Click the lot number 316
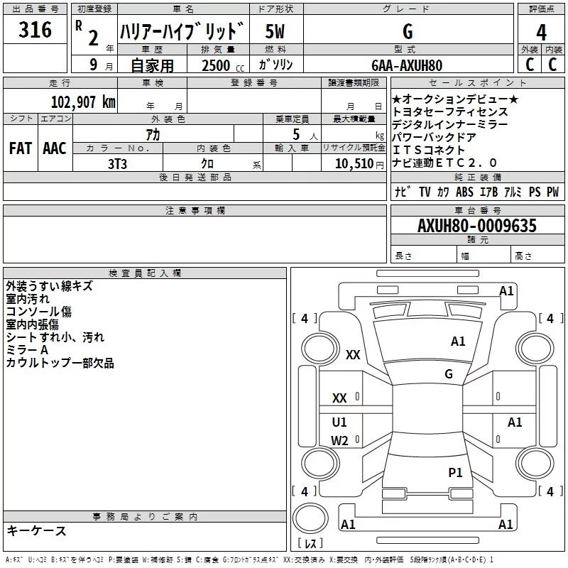pos(35,31)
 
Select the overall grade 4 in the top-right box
pos(542,32)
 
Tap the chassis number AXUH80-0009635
pos(477,226)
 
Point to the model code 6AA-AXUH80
pos(407,65)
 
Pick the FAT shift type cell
pos(20,148)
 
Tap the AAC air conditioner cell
pos(54,148)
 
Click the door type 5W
pos(276,31)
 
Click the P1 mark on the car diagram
pos(455,472)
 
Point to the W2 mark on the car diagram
pos(340,440)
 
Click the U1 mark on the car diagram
pos(340,422)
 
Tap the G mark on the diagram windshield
pos(449,373)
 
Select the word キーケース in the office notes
pos(36,531)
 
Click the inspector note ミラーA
pos(27,350)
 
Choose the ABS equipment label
pos(464,192)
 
